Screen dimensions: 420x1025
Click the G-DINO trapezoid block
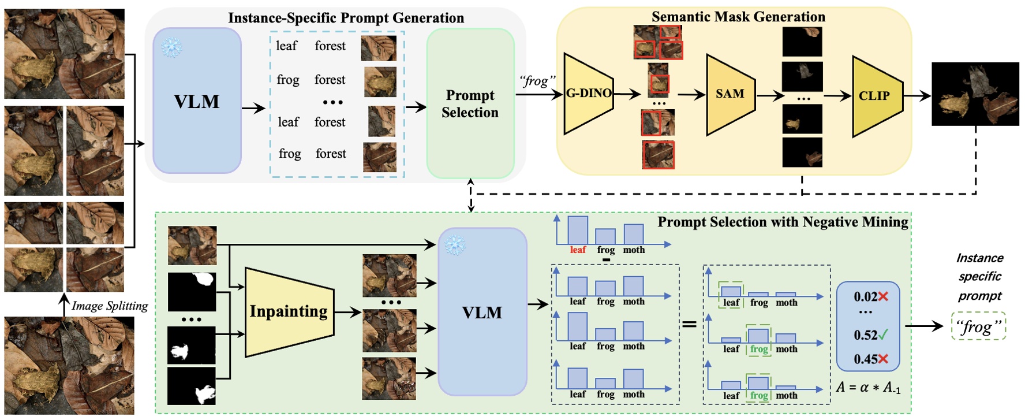click(x=588, y=94)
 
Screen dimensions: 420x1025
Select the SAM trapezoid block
click(x=730, y=94)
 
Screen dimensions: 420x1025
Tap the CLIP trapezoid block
click(x=875, y=96)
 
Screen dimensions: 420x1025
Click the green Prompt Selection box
click(x=470, y=104)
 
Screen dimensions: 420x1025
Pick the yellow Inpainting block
click(x=289, y=311)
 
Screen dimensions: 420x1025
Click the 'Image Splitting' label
click(x=110, y=306)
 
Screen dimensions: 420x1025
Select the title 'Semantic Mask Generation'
click(x=738, y=17)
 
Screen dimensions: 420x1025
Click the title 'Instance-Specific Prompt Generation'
click(x=346, y=18)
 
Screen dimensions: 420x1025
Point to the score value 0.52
click(x=866, y=335)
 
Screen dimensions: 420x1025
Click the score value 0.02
click(x=866, y=297)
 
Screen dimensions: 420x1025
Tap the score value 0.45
click(x=866, y=359)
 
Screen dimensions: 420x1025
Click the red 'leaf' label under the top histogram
click(x=578, y=250)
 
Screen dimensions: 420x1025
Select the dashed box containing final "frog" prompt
click(x=978, y=327)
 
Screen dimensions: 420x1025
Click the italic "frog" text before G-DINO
click(x=537, y=81)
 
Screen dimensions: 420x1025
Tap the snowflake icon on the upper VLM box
click(x=171, y=47)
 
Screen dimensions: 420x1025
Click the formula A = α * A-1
click(x=867, y=387)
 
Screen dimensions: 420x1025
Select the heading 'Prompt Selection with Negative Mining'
click(x=783, y=222)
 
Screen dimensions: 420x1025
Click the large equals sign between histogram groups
click(x=689, y=325)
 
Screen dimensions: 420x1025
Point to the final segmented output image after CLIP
click(x=975, y=94)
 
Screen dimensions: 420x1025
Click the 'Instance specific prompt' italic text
click(x=979, y=277)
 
